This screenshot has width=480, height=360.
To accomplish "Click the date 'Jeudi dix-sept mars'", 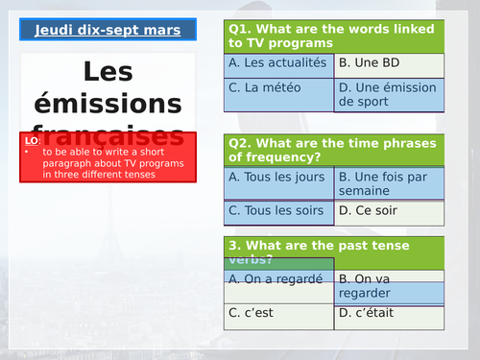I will pyautogui.click(x=108, y=30).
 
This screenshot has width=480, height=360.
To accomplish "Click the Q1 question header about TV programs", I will pyautogui.click(x=335, y=36).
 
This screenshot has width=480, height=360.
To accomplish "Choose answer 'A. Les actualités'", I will pyautogui.click(x=279, y=64).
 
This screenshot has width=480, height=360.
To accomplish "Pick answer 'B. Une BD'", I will pyautogui.click(x=389, y=64).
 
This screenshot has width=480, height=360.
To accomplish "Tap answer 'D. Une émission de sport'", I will pyautogui.click(x=389, y=93).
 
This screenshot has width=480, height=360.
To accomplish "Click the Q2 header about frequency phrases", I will pyautogui.click(x=335, y=150).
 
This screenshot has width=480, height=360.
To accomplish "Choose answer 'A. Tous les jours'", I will pyautogui.click(x=279, y=178).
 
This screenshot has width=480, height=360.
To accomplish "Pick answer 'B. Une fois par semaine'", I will pyautogui.click(x=389, y=183).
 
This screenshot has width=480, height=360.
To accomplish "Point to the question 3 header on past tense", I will pyautogui.click(x=335, y=251).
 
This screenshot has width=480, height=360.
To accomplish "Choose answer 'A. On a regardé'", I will pyautogui.click(x=279, y=278).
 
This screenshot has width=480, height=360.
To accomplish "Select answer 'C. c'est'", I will pyautogui.click(x=279, y=312).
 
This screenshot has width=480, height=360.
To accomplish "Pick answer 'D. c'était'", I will pyautogui.click(x=389, y=312).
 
